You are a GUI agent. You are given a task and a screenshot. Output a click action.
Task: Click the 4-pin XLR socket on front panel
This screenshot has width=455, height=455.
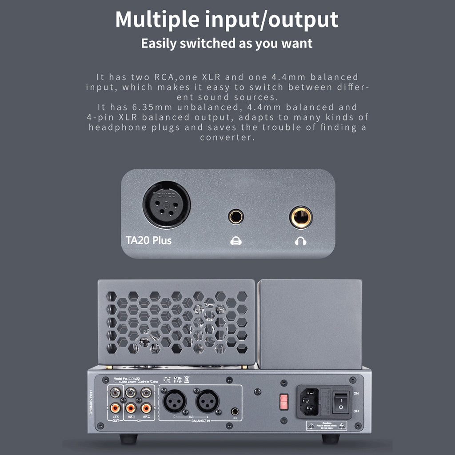pyautogui.click(x=166, y=205)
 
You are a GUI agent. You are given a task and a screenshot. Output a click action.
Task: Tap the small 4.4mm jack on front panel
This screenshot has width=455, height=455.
pyautogui.click(x=235, y=217)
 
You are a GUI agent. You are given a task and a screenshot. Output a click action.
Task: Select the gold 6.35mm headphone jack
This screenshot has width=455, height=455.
pyautogui.click(x=301, y=217)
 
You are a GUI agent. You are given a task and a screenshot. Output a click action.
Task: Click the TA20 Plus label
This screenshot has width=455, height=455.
pyautogui.click(x=148, y=240)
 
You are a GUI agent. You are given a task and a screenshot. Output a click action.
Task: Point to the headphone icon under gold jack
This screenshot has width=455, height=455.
pyautogui.click(x=301, y=241)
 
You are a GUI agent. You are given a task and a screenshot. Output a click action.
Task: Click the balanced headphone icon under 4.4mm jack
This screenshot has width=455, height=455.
pyautogui.click(x=235, y=241)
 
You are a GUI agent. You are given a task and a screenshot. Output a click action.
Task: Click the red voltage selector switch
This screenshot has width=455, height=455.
pyautogui.click(x=283, y=402)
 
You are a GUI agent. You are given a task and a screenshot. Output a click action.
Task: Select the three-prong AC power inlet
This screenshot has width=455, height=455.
pyautogui.click(x=309, y=400)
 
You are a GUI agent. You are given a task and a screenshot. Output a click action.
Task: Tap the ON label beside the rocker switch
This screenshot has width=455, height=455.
pyautogui.click(x=356, y=393)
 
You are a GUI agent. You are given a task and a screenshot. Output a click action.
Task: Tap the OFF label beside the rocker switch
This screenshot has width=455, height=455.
pyautogui.click(x=356, y=411)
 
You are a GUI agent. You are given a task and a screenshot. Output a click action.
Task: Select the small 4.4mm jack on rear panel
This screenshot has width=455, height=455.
pyautogui.click(x=235, y=411)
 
